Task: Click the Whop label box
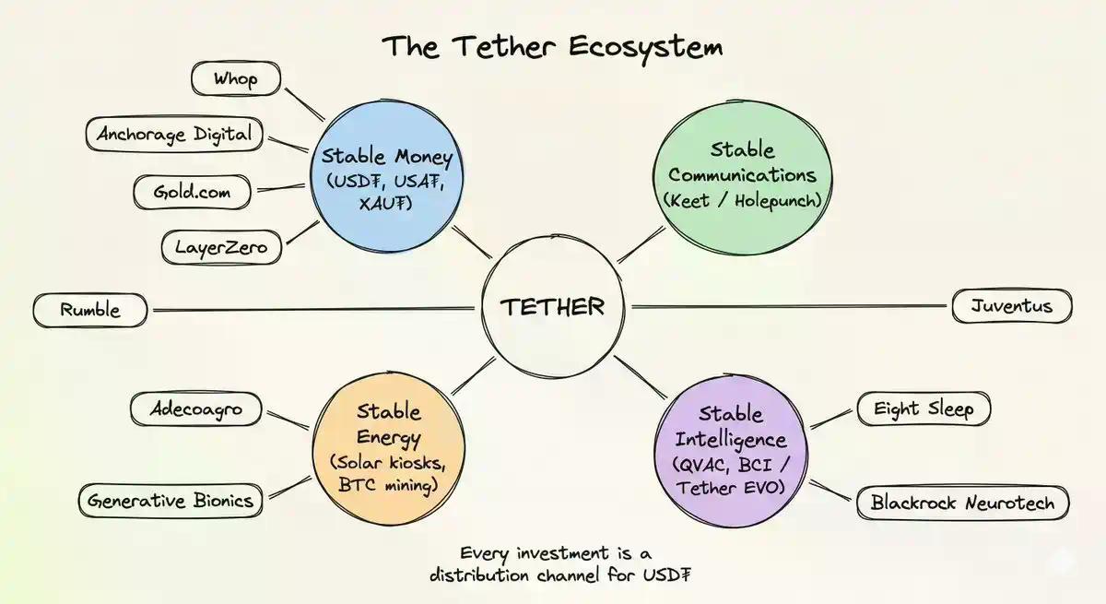coord(236,78)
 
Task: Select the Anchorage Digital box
coord(174,135)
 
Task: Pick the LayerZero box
coord(221,247)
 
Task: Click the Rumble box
coord(89,310)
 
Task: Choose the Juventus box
coord(1011,306)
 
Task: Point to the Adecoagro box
coord(195,409)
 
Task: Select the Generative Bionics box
coord(170,501)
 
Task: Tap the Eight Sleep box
coord(924,409)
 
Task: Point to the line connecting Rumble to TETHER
coord(313,309)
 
